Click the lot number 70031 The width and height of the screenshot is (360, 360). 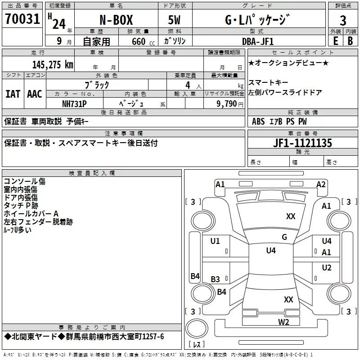[22, 20]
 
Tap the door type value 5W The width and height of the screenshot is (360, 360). [175, 20]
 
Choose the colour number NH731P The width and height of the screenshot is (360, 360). [75, 103]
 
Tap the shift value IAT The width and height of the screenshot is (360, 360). [13, 94]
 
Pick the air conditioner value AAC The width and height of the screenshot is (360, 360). [35, 94]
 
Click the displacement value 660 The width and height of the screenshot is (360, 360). [139, 41]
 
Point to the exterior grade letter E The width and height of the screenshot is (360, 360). [335, 40]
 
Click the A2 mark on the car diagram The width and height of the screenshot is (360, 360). [321, 184]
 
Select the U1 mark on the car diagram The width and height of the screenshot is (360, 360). [215, 241]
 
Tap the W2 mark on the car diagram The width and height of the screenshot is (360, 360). [283, 321]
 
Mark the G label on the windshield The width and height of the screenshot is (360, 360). [284, 237]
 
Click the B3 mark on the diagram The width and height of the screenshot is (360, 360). [216, 279]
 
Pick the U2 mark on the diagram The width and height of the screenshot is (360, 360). [327, 268]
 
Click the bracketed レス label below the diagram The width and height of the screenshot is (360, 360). [197, 345]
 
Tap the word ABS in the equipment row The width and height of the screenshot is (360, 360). [258, 121]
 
